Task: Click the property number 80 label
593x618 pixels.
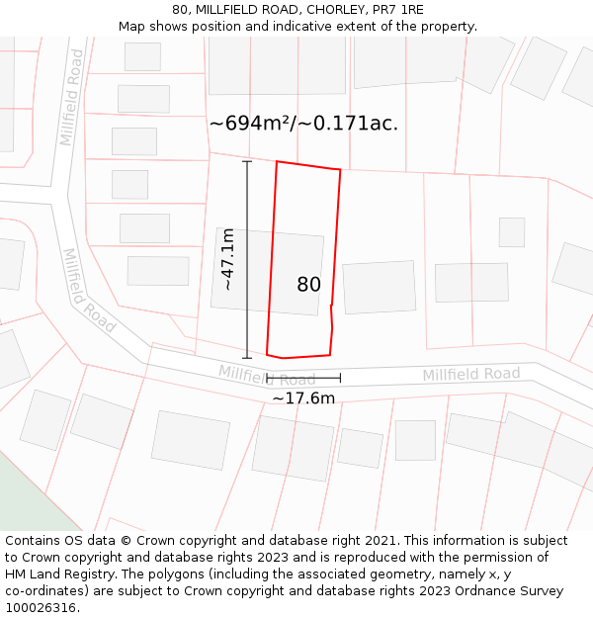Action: coord(308,285)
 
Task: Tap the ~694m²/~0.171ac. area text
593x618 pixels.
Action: coord(303,124)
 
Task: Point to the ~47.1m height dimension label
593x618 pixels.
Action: coord(227,259)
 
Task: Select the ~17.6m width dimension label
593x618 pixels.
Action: coord(303,397)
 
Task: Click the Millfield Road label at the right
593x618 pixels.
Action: coord(470,374)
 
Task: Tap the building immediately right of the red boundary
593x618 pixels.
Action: coord(380,287)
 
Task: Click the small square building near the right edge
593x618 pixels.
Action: coord(511,232)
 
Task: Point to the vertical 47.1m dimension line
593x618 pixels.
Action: coord(247,259)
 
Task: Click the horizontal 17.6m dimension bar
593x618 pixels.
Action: coord(303,378)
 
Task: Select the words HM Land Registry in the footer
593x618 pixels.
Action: coord(59,574)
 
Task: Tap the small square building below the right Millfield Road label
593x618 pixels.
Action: coord(415,440)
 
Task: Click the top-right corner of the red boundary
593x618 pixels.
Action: coord(340,170)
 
